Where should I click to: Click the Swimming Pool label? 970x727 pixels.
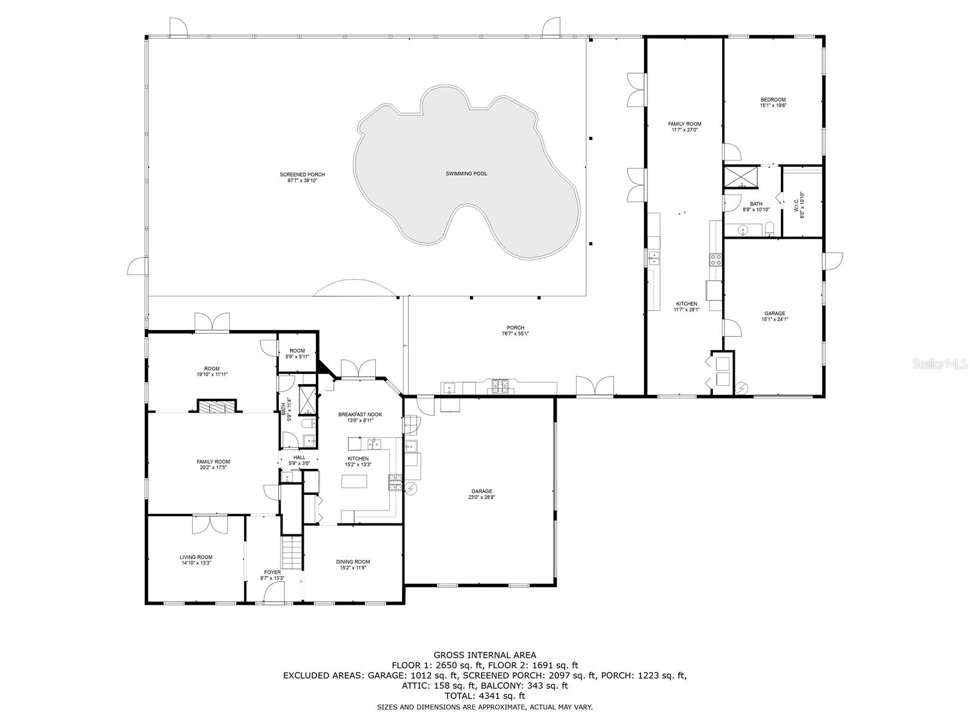pos(466,174)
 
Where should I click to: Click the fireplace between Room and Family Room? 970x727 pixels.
pos(217,407)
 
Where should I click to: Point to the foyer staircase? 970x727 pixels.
pos(292,553)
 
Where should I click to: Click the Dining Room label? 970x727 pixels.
pos(353,565)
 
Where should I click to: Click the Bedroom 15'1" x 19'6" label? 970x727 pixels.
pos(773,102)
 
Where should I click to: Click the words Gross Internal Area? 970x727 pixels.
pos(484,655)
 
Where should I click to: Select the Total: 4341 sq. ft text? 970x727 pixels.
pos(484,696)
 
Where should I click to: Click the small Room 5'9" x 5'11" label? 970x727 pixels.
pos(297,354)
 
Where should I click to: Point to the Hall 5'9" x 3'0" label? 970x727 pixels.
pos(299,460)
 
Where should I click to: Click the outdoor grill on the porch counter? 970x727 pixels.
pos(501,386)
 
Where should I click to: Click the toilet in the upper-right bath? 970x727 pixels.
pos(770,230)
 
